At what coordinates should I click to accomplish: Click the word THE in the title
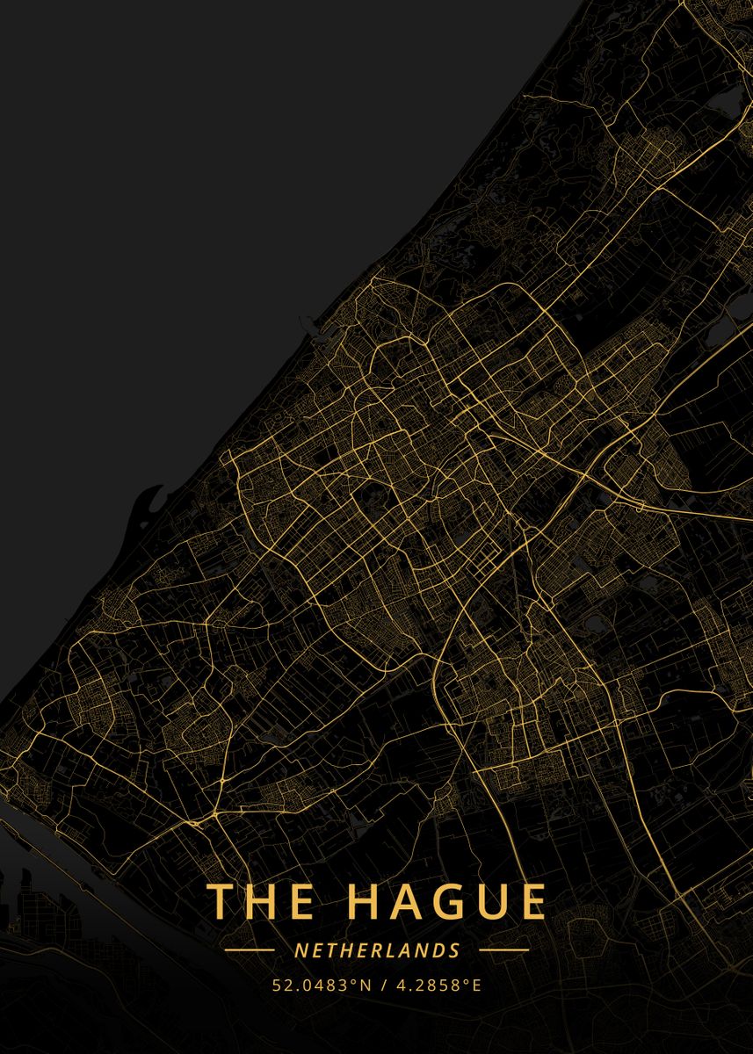click(x=260, y=902)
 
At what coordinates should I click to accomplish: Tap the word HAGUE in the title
click(x=445, y=902)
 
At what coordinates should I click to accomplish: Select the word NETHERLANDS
click(x=377, y=950)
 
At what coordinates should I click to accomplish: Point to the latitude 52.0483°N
click(x=320, y=985)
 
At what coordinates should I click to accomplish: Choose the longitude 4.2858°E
click(x=434, y=985)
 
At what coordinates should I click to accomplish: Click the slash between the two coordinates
click(x=381, y=985)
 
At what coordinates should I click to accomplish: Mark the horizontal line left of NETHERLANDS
click(x=250, y=950)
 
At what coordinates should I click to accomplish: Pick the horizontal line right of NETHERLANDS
click(x=503, y=950)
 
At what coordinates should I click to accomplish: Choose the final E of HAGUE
click(x=531, y=902)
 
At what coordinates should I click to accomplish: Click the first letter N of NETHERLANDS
click(x=300, y=950)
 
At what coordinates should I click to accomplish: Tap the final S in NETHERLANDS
click(x=454, y=950)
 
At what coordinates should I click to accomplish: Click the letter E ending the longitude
click(x=477, y=985)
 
